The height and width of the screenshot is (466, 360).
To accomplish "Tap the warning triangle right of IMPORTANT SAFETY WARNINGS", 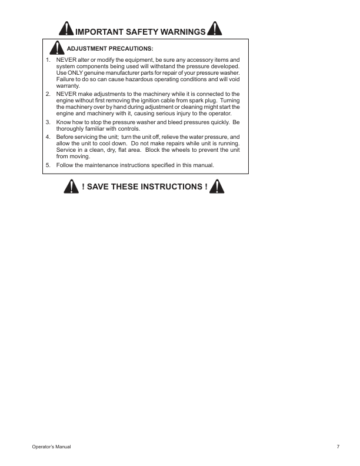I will [x=215, y=29].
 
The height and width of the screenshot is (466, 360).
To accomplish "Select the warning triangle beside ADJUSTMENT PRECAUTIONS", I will [x=56, y=48].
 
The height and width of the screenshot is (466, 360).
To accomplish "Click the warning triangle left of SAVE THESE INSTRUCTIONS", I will [x=71, y=187].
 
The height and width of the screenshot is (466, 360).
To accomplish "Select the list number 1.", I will [x=48, y=60].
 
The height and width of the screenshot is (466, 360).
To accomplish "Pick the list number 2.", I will [x=48, y=94].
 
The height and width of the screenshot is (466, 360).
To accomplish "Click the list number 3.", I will [x=48, y=122].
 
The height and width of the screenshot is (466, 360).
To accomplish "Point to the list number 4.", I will [x=48, y=137].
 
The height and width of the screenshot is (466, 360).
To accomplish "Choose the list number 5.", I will [x=48, y=165].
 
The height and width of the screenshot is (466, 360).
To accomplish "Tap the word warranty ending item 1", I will [x=67, y=85].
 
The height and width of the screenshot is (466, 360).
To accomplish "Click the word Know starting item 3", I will [x=63, y=122].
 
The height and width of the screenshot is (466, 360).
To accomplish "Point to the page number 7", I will [x=338, y=448].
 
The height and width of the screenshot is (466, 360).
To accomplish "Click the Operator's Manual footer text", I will [x=51, y=448].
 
